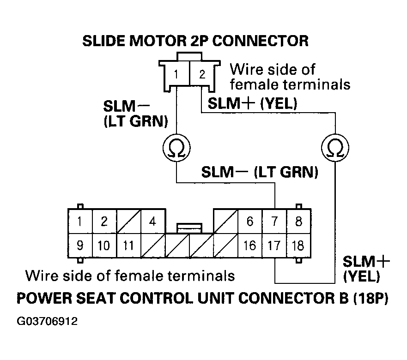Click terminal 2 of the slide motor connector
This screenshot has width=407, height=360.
point(201,74)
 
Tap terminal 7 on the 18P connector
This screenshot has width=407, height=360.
point(274,222)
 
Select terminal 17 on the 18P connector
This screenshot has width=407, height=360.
point(274,246)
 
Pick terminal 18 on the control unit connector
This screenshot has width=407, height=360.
point(298,246)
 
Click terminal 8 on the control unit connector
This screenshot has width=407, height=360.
point(298,222)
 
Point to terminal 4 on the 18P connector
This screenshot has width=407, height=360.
point(152,222)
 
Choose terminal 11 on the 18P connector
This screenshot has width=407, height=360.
point(128,246)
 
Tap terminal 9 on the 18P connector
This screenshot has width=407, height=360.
point(80,246)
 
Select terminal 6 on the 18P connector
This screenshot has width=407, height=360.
point(249,222)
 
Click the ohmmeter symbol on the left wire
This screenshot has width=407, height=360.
point(177,147)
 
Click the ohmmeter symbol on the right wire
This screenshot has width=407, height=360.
point(335,147)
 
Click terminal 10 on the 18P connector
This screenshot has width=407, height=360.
point(104,246)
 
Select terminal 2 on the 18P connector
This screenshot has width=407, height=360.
point(104,222)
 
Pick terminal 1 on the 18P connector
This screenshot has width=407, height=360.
point(80,222)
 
